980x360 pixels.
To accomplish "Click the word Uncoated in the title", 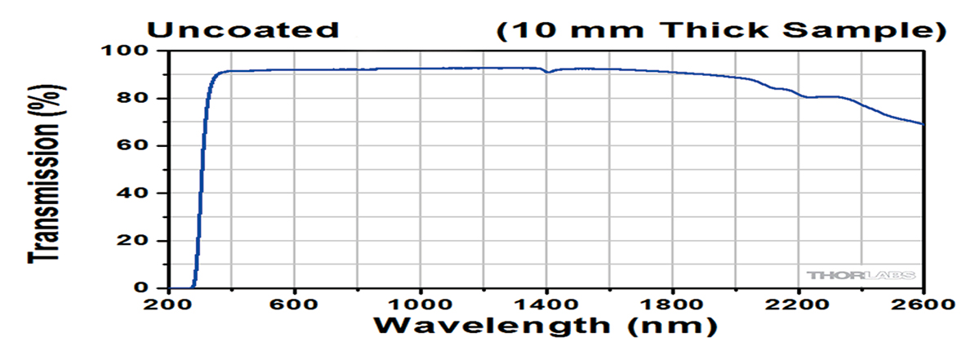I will (x=243, y=31).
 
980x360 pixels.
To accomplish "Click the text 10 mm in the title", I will (x=572, y=31).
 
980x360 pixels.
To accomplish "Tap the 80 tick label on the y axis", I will (x=136, y=98).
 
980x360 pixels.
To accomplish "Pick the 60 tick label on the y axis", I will (x=136, y=145).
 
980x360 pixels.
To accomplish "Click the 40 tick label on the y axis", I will (x=136, y=193).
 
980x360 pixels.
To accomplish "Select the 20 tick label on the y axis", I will (x=136, y=241).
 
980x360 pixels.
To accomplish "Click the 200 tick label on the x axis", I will (x=169, y=304).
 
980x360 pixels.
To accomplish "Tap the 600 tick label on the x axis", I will (x=294, y=304).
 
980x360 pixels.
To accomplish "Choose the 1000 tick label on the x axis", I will (x=420, y=304).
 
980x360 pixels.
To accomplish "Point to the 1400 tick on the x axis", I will (x=546, y=304).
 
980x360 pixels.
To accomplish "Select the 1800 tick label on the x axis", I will (x=671, y=304).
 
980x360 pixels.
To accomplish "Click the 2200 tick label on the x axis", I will (x=797, y=304).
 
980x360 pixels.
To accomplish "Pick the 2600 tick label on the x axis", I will (x=923, y=304).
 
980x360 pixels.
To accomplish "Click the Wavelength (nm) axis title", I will (x=546, y=327).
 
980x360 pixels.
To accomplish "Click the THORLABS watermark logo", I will (x=859, y=275).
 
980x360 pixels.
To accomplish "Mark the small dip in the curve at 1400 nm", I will (x=548, y=72).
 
